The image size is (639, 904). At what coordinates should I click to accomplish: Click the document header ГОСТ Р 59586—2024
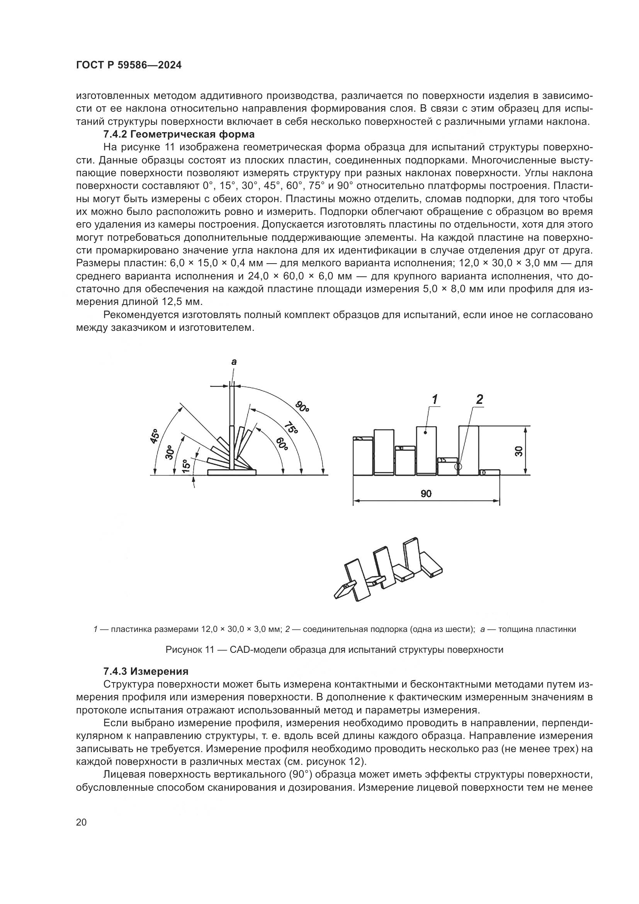(x=129, y=65)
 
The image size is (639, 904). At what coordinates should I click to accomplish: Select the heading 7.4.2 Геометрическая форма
(x=179, y=134)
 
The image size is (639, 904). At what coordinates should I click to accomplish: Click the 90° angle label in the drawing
(x=302, y=406)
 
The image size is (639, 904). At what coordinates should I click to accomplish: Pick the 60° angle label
(x=282, y=444)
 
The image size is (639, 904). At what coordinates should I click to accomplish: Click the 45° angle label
(x=155, y=436)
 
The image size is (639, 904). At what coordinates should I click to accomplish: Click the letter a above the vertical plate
(x=234, y=361)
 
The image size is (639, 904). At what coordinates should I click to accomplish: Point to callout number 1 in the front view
(x=435, y=400)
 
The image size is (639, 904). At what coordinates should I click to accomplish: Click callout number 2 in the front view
(x=479, y=399)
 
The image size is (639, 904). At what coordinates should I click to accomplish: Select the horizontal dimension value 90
(x=426, y=494)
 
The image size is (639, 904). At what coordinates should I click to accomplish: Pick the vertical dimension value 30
(x=519, y=451)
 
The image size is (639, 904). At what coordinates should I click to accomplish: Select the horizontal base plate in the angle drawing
(x=232, y=472)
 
